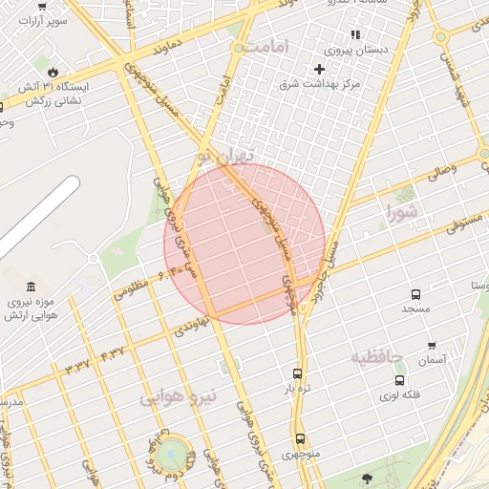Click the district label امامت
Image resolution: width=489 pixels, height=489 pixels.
(x=265, y=46)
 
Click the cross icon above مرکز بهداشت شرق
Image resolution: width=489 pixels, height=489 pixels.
(x=319, y=69)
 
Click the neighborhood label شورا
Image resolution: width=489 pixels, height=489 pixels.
(x=402, y=212)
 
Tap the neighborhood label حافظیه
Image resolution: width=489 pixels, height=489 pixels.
(x=377, y=358)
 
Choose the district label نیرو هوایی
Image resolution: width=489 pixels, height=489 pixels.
(x=179, y=394)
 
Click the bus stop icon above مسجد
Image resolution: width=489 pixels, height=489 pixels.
(x=415, y=294)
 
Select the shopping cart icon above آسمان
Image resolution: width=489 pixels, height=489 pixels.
(x=432, y=346)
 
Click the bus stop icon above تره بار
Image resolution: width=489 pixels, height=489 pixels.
(x=297, y=373)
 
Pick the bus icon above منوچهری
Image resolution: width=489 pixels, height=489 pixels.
(x=301, y=439)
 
